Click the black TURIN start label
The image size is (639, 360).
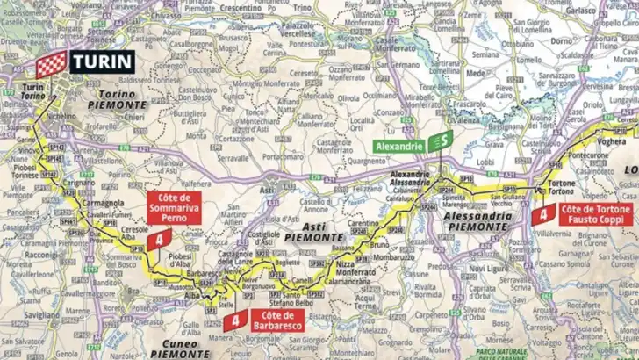point(102,61)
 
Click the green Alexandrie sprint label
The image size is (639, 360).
point(400,145)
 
